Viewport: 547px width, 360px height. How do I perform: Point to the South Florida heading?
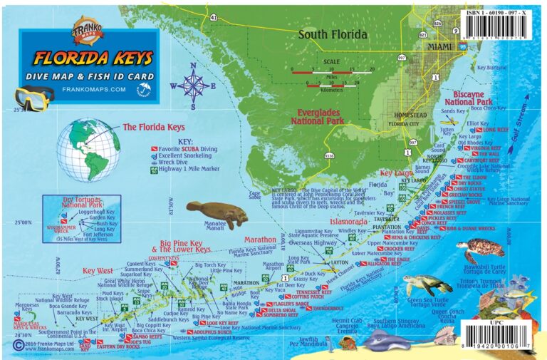333,34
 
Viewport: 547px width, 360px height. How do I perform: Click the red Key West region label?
98,271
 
